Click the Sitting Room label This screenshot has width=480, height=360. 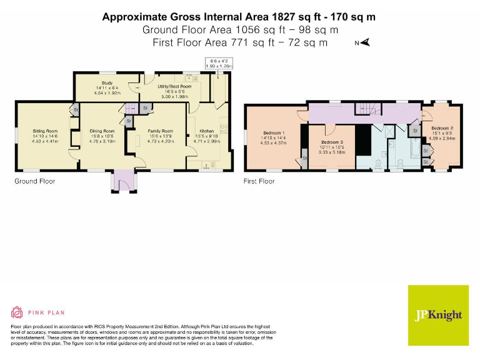pyautogui.click(x=44, y=131)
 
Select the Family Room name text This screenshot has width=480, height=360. pyautogui.click(x=160, y=131)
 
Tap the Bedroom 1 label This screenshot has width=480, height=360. pyautogui.click(x=273, y=133)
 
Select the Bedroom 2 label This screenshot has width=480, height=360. pyautogui.click(x=442, y=128)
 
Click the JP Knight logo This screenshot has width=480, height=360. pyautogui.click(x=438, y=314)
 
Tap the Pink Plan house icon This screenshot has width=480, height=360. pyautogui.click(x=17, y=312)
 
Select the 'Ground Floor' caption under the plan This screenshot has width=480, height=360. pyautogui.click(x=35, y=181)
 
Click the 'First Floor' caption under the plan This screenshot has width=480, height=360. pyautogui.click(x=259, y=181)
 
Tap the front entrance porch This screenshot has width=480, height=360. pyautogui.click(x=119, y=181)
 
